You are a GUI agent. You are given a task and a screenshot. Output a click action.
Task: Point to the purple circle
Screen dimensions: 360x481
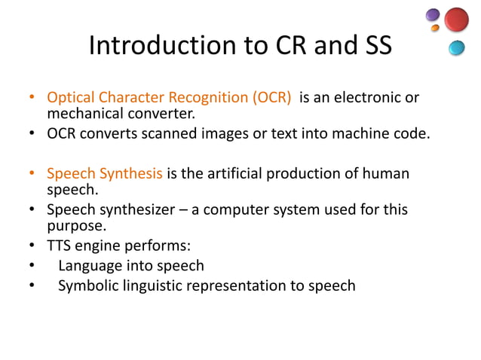tap(432, 15)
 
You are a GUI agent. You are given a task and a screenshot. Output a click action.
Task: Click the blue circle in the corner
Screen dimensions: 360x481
tap(456, 48)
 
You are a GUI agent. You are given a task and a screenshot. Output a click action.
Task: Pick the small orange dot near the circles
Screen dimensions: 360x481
tap(435, 29)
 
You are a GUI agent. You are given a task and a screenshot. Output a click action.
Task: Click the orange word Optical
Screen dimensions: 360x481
tap(70, 99)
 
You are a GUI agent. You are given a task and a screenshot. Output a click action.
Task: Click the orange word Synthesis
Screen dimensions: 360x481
tap(133, 174)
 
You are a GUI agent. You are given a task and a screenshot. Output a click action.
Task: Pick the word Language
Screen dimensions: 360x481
tap(91, 265)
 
